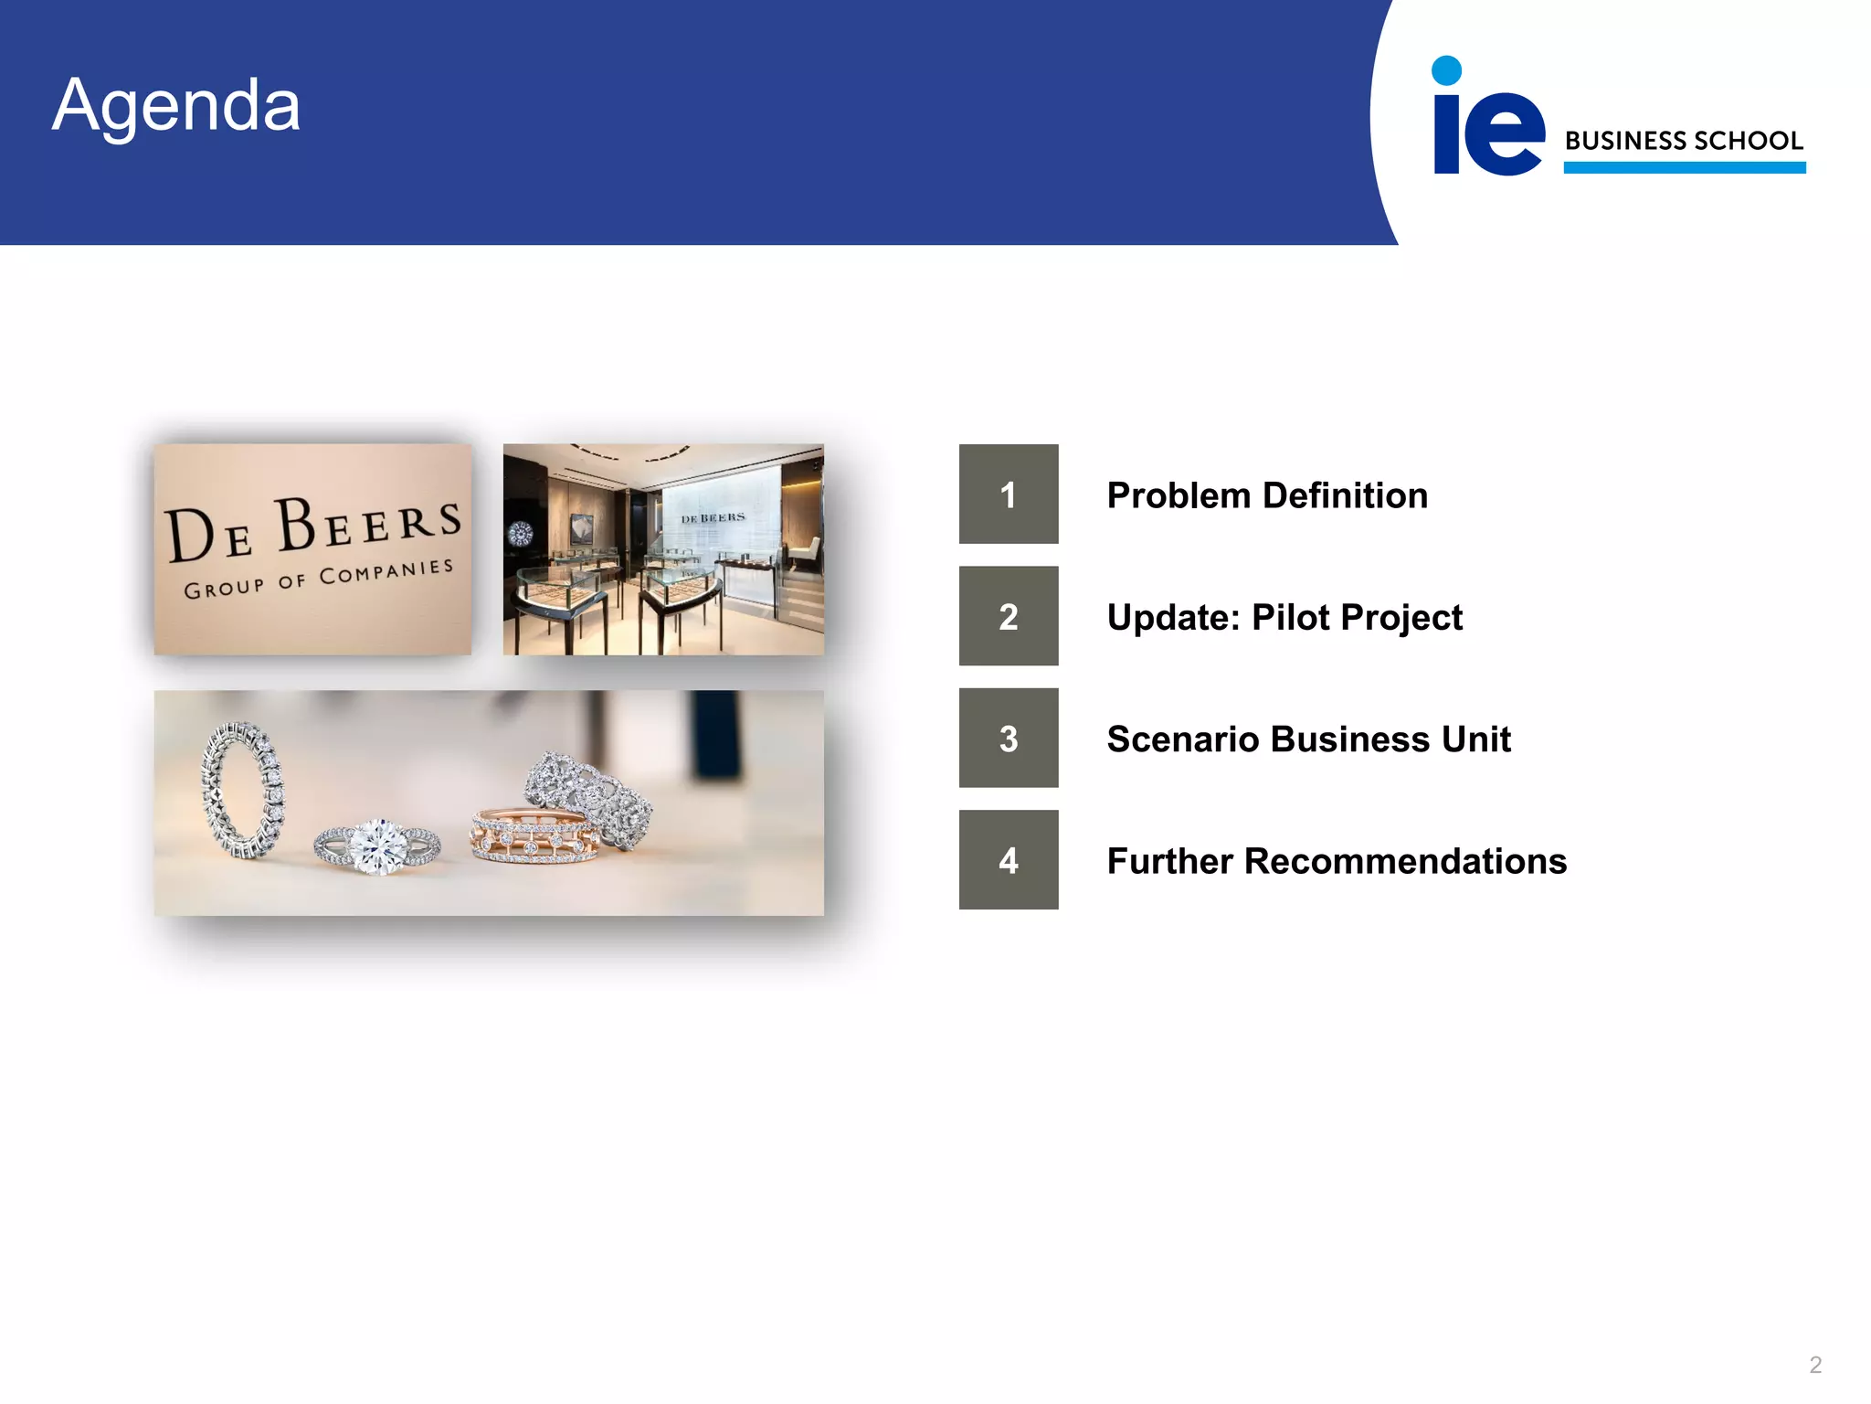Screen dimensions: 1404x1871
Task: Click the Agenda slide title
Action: [x=176, y=105]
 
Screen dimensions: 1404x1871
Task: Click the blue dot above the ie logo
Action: [x=1446, y=70]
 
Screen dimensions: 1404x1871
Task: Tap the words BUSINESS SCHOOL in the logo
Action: [x=1684, y=141]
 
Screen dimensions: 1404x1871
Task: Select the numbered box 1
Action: [x=1009, y=495]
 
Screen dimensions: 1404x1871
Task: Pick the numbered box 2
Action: [x=1009, y=616]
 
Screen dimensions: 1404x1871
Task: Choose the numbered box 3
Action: [x=1009, y=739]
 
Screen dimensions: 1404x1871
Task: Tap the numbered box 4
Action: [x=1009, y=860]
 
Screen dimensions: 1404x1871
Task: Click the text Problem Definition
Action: [x=1267, y=495]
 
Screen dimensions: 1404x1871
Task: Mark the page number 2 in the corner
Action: [x=1815, y=1365]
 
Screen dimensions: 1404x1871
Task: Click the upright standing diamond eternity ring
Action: [x=243, y=791]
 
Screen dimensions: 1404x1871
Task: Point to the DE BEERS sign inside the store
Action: [x=713, y=517]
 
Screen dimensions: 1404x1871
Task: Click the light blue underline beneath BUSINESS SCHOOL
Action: [x=1684, y=167]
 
